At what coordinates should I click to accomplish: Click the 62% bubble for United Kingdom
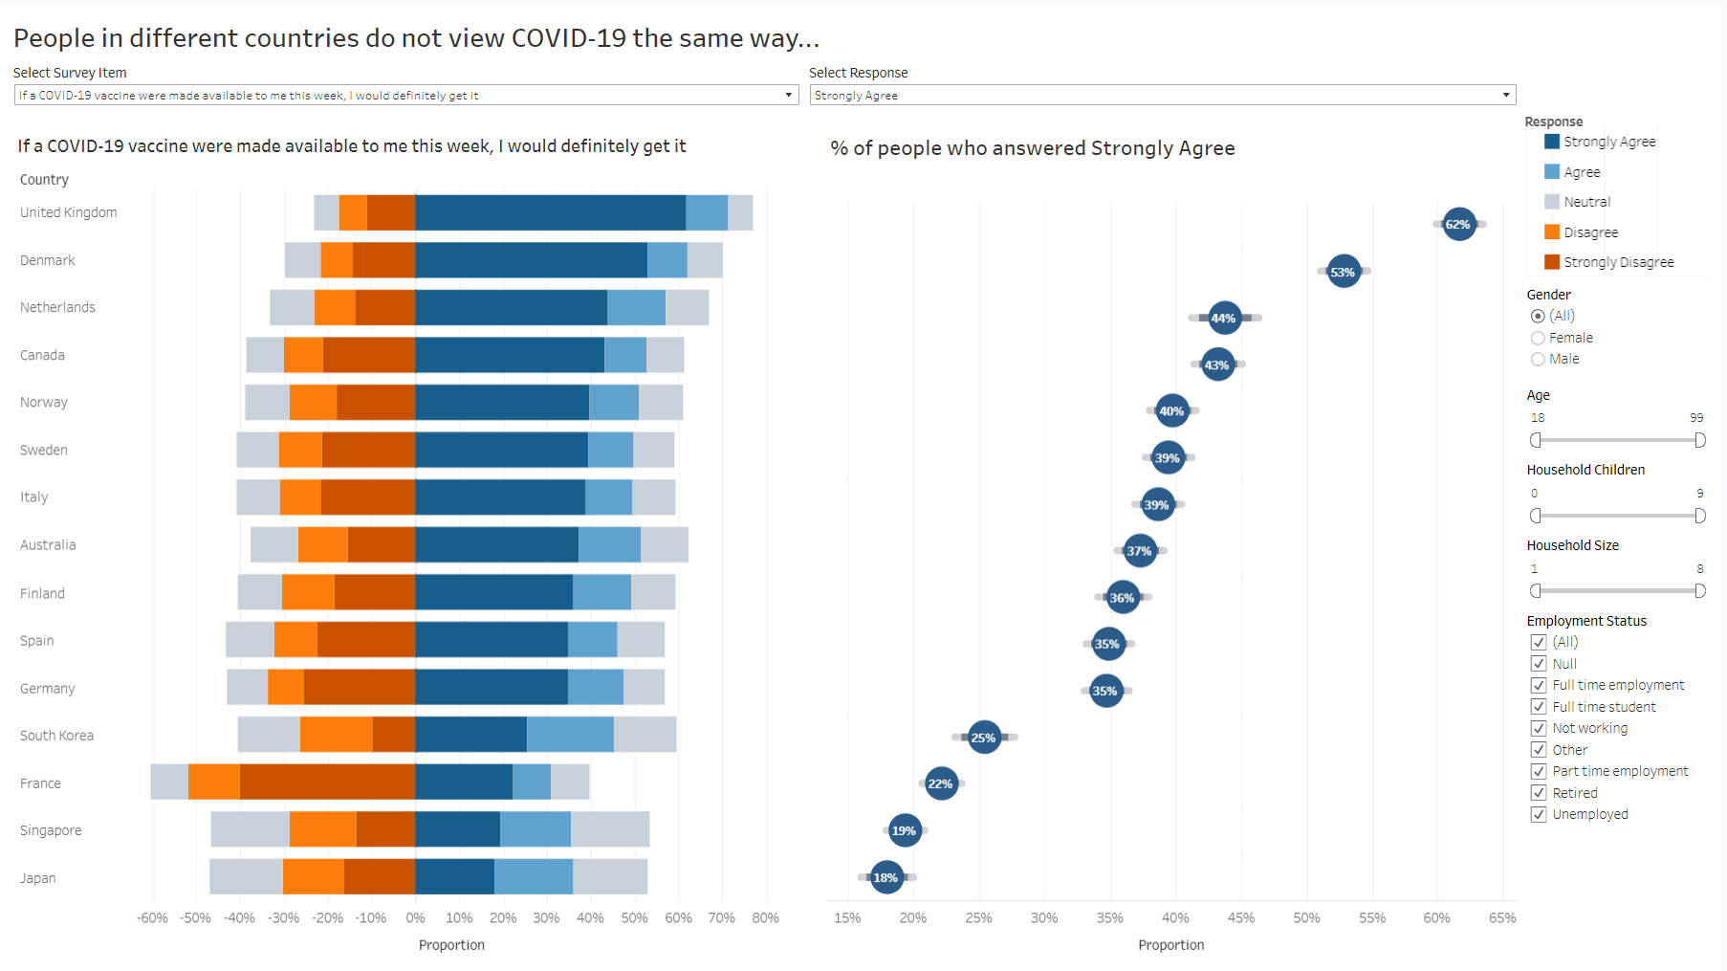click(x=1458, y=225)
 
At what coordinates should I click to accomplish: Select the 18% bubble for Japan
click(x=886, y=877)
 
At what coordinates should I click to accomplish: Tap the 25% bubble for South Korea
click(x=984, y=738)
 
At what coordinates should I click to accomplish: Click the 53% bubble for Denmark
click(x=1344, y=272)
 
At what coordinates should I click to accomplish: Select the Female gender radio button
click(x=1538, y=338)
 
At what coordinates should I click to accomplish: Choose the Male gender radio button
click(x=1538, y=359)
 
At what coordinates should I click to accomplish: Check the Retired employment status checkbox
click(x=1539, y=793)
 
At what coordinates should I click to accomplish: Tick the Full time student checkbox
click(x=1539, y=707)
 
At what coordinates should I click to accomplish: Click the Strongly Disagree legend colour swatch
click(x=1552, y=262)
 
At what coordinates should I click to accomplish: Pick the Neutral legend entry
click(x=1586, y=202)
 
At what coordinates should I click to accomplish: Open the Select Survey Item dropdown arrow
click(x=789, y=96)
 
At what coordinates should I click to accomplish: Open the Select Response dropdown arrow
click(x=1506, y=96)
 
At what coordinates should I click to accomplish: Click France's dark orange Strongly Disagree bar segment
click(x=327, y=782)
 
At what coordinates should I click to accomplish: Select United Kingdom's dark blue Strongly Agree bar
click(x=550, y=212)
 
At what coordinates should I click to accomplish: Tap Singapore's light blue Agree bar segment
click(x=536, y=829)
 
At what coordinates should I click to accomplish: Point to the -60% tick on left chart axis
click(x=153, y=917)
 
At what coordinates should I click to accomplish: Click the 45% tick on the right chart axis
click(x=1241, y=917)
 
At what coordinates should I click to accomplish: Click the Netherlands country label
click(x=57, y=307)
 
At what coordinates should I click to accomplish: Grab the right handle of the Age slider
click(x=1699, y=440)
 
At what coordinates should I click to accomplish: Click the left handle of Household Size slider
click(x=1536, y=591)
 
